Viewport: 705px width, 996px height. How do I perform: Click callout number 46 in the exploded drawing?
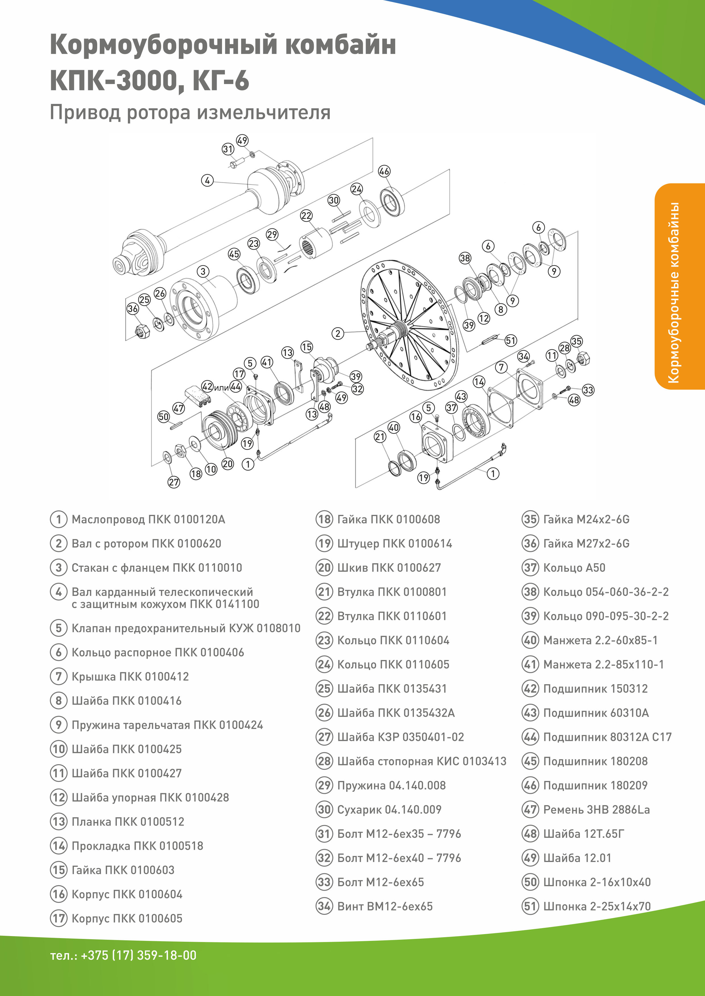(x=384, y=171)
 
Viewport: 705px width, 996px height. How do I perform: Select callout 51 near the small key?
(x=511, y=341)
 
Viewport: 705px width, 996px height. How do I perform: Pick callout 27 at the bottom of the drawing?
(x=174, y=482)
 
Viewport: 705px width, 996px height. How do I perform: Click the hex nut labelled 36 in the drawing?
(x=142, y=332)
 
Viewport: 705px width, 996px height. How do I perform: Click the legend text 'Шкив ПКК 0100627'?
(x=389, y=568)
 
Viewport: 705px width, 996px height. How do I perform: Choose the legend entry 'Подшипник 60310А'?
(x=596, y=713)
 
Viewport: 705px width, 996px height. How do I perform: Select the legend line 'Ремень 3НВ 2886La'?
(x=596, y=809)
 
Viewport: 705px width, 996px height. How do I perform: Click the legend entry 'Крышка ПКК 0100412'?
(x=130, y=676)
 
